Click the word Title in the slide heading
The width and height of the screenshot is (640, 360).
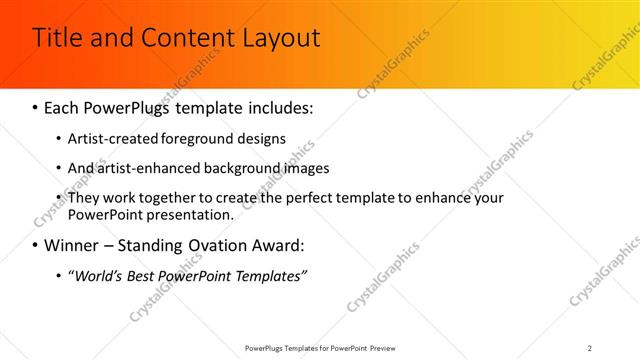[58, 39]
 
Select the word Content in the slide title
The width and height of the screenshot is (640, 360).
[187, 39]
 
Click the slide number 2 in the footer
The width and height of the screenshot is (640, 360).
[590, 347]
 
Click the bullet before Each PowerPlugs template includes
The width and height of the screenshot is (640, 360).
[36, 106]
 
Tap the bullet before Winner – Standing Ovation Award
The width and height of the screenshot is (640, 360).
[36, 245]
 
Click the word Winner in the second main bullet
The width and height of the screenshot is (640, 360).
[73, 245]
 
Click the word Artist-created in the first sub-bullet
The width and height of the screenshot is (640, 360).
[113, 138]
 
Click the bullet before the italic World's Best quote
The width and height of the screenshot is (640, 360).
[58, 275]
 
